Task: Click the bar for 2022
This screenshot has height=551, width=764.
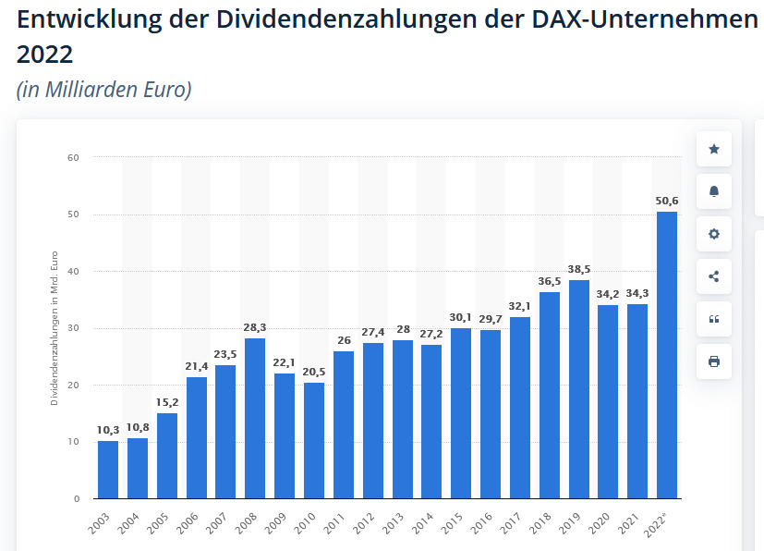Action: click(x=666, y=356)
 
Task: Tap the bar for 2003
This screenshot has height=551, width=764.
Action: click(x=108, y=470)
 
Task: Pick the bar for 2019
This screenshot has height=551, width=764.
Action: click(x=578, y=389)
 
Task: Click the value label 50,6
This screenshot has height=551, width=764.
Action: click(x=667, y=201)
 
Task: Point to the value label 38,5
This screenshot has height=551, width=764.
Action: click(x=578, y=269)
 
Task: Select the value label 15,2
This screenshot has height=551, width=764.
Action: click(x=167, y=402)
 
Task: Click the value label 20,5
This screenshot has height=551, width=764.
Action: click(x=314, y=372)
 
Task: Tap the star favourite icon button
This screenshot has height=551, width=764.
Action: click(x=713, y=149)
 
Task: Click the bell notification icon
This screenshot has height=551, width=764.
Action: click(x=713, y=191)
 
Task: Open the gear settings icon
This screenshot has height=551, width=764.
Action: click(x=713, y=234)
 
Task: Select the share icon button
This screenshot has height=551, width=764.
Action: click(x=713, y=276)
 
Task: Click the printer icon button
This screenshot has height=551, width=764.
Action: click(x=713, y=361)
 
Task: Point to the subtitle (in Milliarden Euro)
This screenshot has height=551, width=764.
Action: click(x=103, y=90)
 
